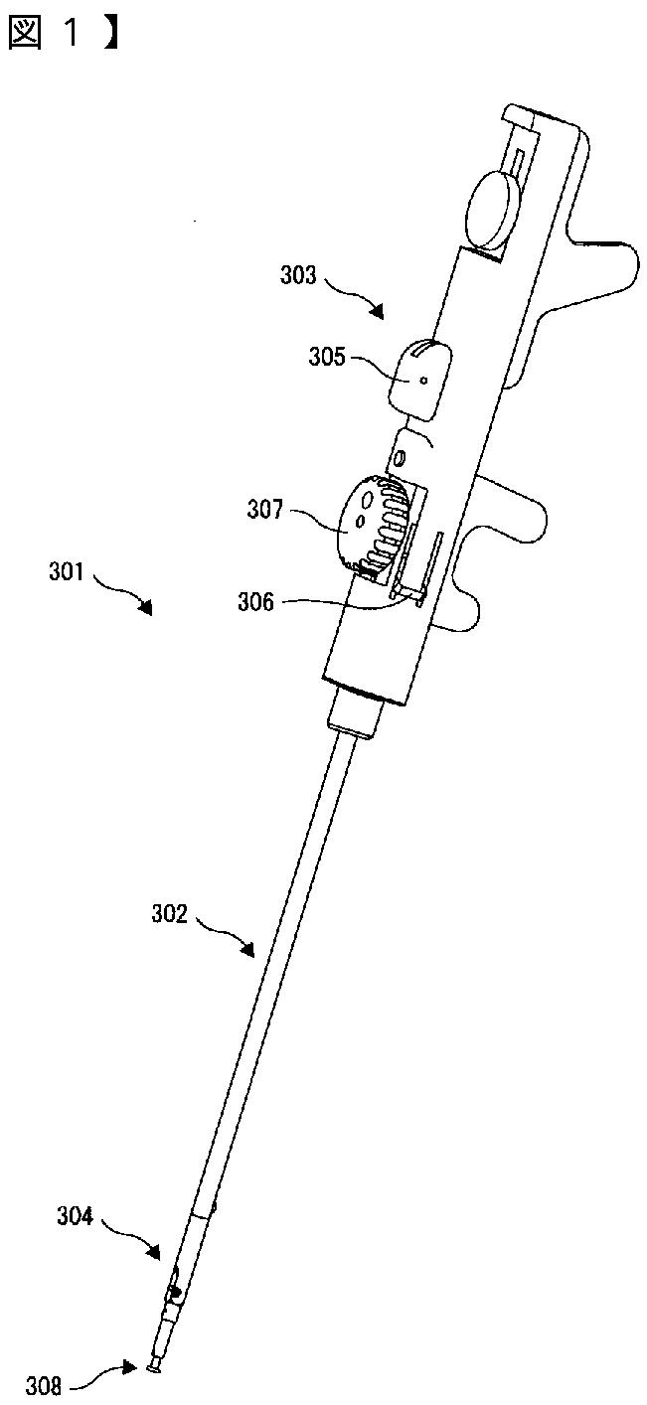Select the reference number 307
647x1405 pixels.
(264, 513)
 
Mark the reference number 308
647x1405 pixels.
(45, 1385)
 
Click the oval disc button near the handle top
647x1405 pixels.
(495, 210)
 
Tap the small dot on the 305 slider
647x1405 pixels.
(424, 379)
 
